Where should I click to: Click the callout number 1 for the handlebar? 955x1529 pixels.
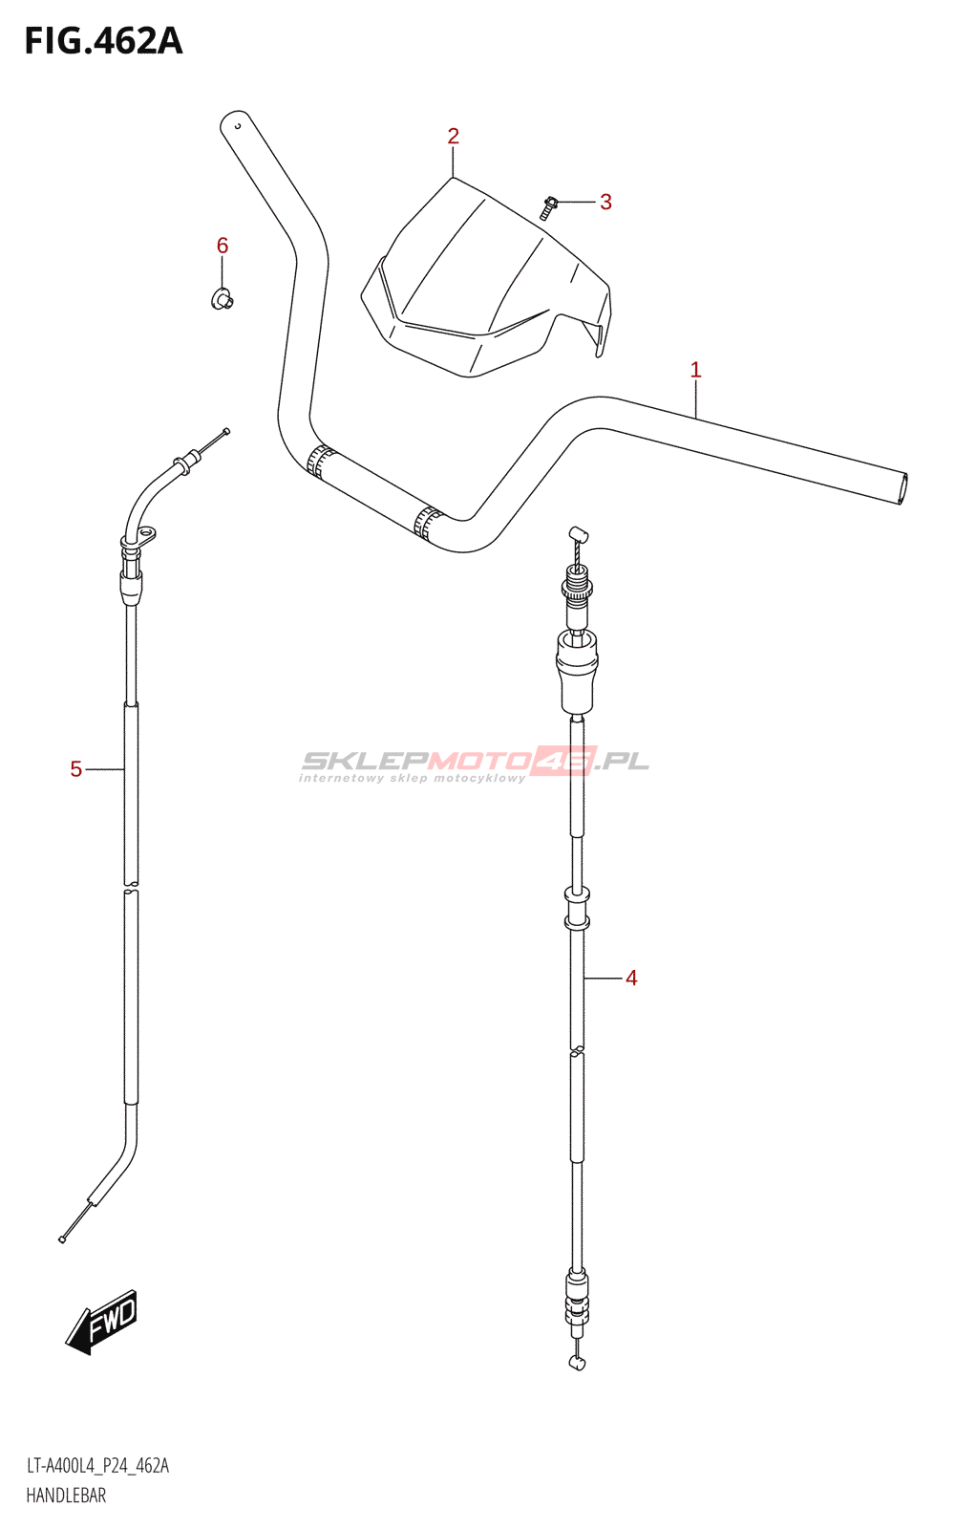pyautogui.click(x=695, y=370)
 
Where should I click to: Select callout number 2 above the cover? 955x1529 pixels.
pyautogui.click(x=453, y=137)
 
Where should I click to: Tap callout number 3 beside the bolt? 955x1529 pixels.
pyautogui.click(x=605, y=202)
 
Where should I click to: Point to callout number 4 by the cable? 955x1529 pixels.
pyautogui.click(x=631, y=978)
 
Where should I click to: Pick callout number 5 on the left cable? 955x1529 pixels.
pyautogui.click(x=76, y=769)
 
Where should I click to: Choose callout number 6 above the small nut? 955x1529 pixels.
pyautogui.click(x=223, y=247)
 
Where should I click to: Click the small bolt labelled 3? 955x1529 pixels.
pyautogui.click(x=549, y=206)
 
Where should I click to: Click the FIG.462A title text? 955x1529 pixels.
pyautogui.click(x=103, y=42)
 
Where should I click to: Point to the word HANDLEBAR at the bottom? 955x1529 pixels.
pyautogui.click(x=66, y=1496)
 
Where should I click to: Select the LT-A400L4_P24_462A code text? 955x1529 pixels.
pyautogui.click(x=97, y=1466)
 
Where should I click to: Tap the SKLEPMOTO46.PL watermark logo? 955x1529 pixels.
pyautogui.click(x=475, y=763)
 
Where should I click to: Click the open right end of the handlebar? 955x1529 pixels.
pyautogui.click(x=902, y=488)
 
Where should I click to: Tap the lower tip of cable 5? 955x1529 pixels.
pyautogui.click(x=62, y=1239)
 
